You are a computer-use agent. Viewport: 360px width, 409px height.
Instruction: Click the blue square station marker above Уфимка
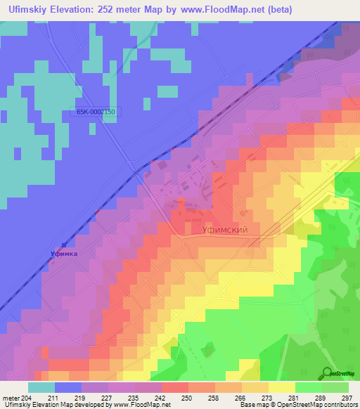pos(64,245)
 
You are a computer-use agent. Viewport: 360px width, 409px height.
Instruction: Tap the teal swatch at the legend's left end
pos(41,387)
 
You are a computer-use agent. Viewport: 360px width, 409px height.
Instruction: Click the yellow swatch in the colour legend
pos(281,387)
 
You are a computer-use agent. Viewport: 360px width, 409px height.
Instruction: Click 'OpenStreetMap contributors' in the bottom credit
pos(320,405)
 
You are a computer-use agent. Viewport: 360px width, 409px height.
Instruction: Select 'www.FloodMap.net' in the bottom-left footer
pos(141,405)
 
